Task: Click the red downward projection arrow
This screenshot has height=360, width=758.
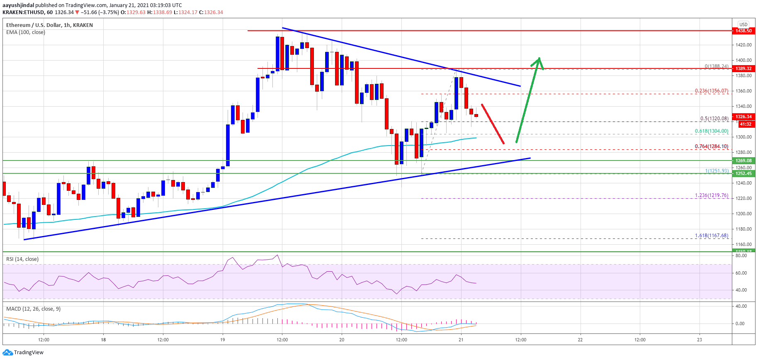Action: click(x=493, y=124)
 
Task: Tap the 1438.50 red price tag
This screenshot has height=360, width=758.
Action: click(x=743, y=31)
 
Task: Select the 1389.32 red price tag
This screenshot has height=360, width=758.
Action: click(x=743, y=68)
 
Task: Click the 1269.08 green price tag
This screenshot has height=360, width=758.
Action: click(x=743, y=161)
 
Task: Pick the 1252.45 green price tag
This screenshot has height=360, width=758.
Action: click(x=743, y=173)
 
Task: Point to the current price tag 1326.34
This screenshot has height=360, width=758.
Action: click(x=743, y=117)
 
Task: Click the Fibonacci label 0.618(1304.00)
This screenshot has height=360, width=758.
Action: click(x=712, y=131)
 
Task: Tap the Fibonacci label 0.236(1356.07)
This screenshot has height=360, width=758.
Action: click(x=712, y=91)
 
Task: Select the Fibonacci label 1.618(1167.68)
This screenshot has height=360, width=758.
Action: click(x=712, y=236)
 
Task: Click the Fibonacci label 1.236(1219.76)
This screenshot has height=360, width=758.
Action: click(x=712, y=195)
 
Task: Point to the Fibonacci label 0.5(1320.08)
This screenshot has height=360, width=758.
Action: click(x=714, y=119)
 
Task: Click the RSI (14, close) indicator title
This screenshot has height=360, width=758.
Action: click(x=22, y=259)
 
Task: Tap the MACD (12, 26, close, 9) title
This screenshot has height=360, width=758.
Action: click(x=33, y=309)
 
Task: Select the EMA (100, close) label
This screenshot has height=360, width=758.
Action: click(x=26, y=32)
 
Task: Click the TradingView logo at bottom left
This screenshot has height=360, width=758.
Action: click(x=23, y=353)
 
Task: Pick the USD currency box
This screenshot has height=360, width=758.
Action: click(x=743, y=24)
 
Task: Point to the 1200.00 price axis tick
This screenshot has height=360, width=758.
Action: click(x=743, y=214)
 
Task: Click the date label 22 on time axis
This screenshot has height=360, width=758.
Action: click(x=580, y=340)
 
